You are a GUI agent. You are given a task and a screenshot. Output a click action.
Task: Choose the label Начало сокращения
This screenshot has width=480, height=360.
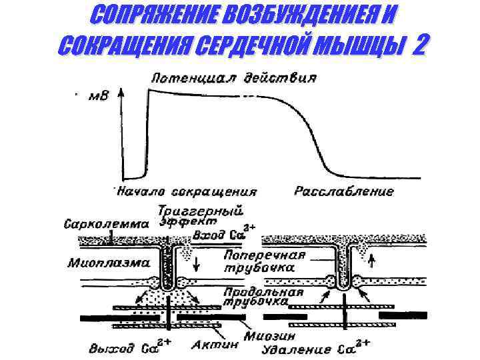(x=187, y=191)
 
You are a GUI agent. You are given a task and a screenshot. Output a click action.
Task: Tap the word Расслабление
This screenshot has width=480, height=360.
(x=344, y=191)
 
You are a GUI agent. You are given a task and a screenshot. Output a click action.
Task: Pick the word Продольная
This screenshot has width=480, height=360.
(x=264, y=291)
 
